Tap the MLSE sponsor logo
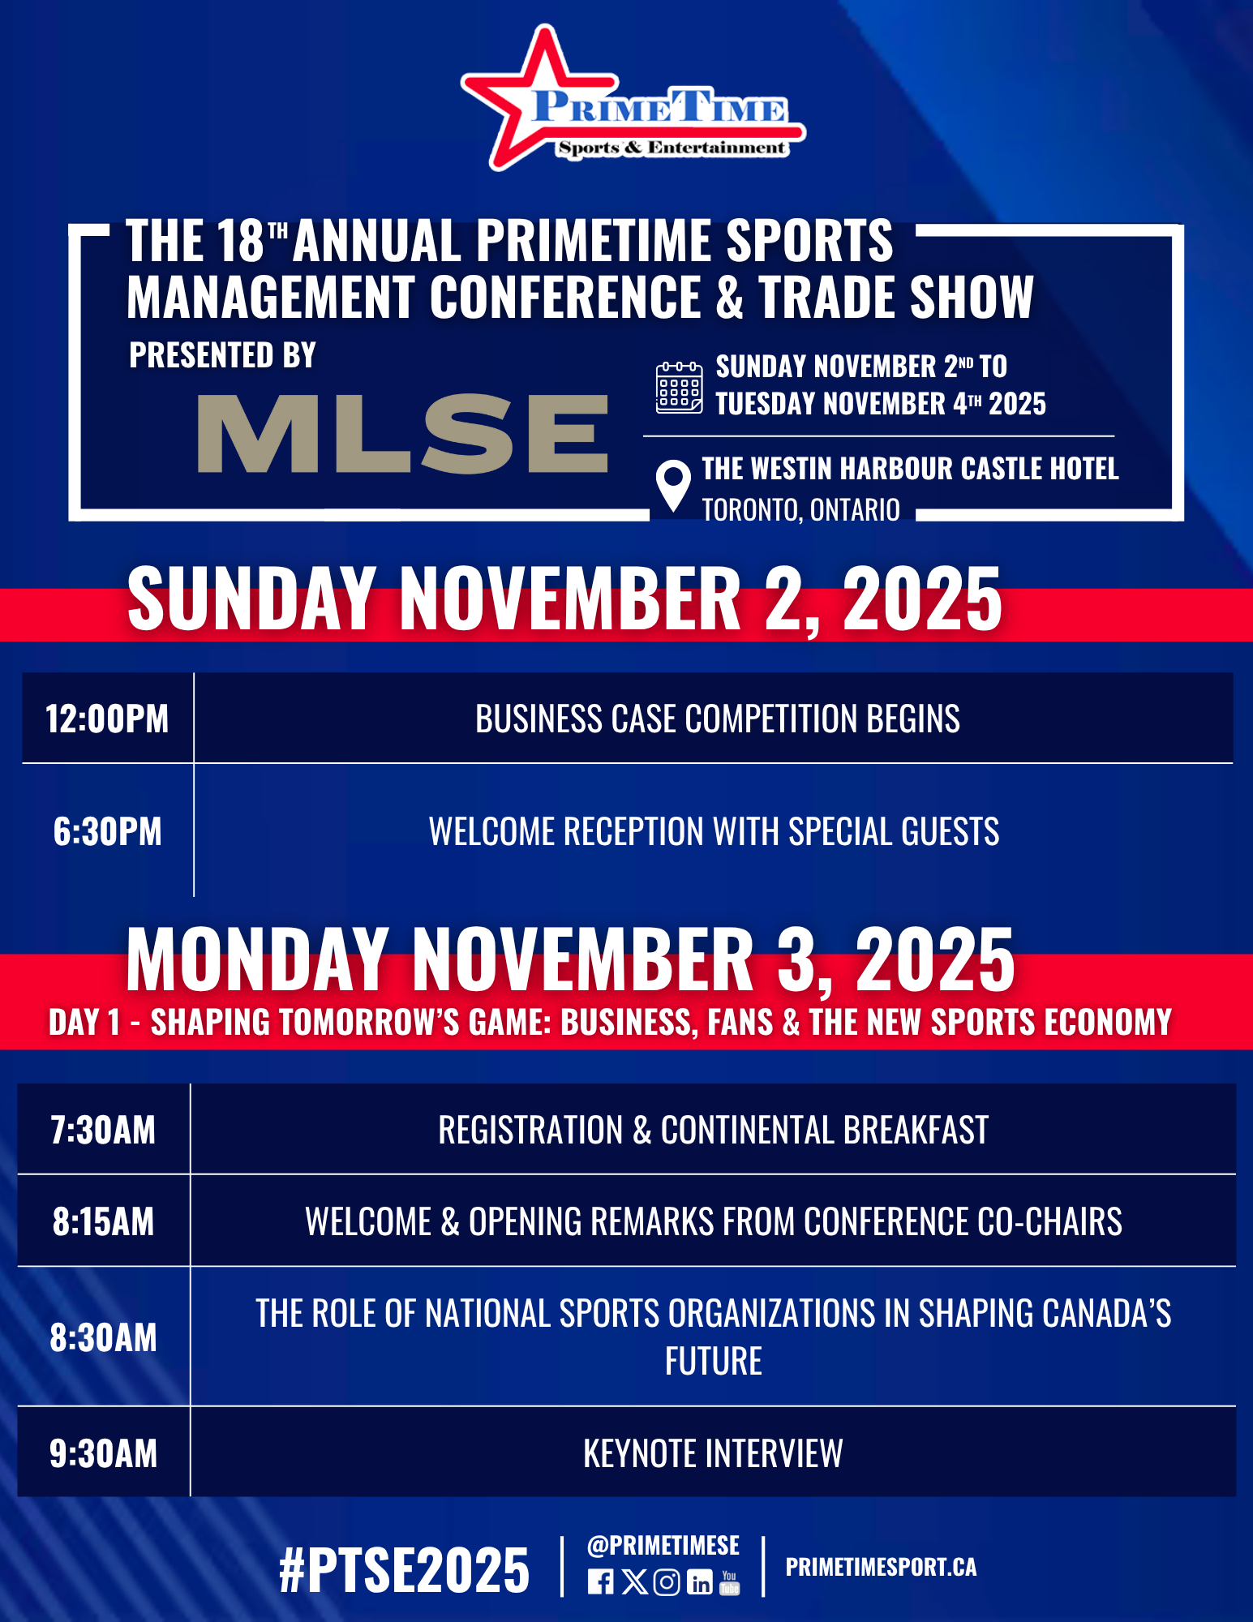(x=403, y=433)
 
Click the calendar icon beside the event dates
(x=679, y=388)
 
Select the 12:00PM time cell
(x=107, y=719)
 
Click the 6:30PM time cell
(x=107, y=831)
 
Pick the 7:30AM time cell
(x=103, y=1130)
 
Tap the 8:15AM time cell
(x=103, y=1221)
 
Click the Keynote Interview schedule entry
(x=713, y=1453)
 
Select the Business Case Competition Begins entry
(x=718, y=719)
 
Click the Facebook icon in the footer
(x=600, y=1582)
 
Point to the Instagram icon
(x=667, y=1582)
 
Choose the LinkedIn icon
(x=700, y=1582)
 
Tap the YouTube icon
(x=730, y=1582)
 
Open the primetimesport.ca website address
(x=881, y=1567)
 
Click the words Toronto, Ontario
(x=800, y=510)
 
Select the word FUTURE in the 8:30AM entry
(x=714, y=1361)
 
